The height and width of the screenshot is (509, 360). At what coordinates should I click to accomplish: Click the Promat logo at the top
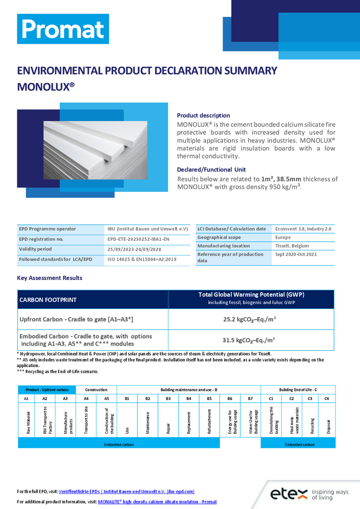pyautogui.click(x=63, y=29)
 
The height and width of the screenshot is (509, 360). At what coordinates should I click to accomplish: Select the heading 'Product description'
pyautogui.click(x=203, y=116)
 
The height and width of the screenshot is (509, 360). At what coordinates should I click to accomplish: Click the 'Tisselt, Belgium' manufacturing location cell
pyautogui.click(x=292, y=246)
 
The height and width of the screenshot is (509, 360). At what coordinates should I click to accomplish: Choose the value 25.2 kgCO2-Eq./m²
pyautogui.click(x=251, y=320)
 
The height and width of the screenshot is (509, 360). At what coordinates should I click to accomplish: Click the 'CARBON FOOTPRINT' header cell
pyautogui.click(x=48, y=300)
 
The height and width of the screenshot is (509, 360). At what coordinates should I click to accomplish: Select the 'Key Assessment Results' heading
pyautogui.click(x=49, y=278)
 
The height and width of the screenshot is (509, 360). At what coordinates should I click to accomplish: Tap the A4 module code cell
pyautogui.click(x=86, y=399)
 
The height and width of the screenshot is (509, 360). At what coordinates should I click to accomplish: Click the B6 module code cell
pyautogui.click(x=230, y=399)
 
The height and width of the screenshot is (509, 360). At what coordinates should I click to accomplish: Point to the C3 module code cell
pyautogui.click(x=310, y=399)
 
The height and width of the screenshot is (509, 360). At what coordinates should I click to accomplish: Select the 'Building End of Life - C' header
pyautogui.click(x=298, y=389)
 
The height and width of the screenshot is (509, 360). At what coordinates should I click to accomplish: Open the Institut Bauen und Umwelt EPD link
pyautogui.click(x=127, y=492)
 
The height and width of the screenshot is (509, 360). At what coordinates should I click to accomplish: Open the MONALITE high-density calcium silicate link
pyautogui.click(x=158, y=502)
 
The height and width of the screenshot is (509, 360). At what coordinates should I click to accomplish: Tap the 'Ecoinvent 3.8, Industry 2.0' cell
pyautogui.click(x=303, y=229)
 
